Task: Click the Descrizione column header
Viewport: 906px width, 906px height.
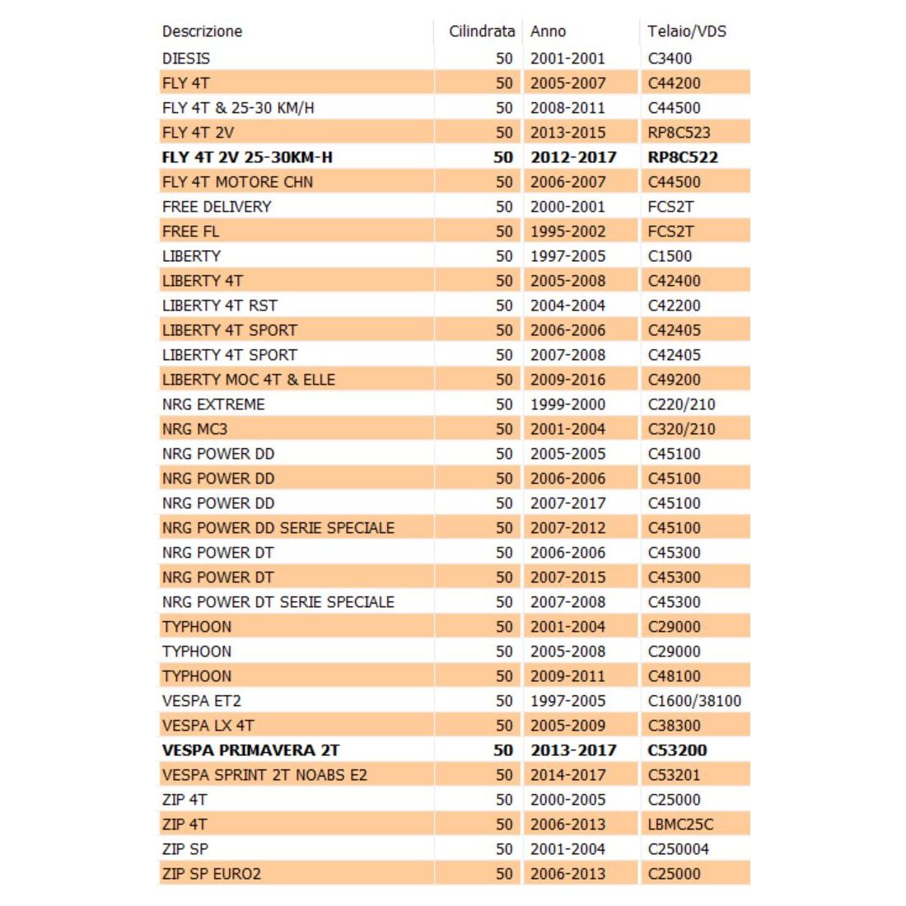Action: point(202,32)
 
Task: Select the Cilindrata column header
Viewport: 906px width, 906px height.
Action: point(481,32)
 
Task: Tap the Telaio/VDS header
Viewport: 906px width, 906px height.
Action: point(687,32)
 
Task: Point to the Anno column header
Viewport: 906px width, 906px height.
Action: point(548,32)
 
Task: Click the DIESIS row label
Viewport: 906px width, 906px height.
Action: point(186,58)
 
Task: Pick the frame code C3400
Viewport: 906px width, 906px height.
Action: point(670,58)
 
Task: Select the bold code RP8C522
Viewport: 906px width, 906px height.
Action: point(683,157)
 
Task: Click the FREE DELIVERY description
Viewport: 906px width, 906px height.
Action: point(217,207)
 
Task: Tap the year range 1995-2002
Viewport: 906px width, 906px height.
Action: point(567,231)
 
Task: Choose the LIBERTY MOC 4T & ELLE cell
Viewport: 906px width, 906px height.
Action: point(249,380)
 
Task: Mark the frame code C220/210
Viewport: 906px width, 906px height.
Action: point(681,404)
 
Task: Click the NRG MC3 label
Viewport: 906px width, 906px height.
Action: point(194,429)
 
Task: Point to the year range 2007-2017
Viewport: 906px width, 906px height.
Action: point(567,503)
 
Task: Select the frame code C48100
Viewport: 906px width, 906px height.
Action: point(674,676)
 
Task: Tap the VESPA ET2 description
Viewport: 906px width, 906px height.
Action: point(202,701)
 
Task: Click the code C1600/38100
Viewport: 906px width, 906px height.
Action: point(694,701)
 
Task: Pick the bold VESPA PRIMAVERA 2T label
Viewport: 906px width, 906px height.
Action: point(250,750)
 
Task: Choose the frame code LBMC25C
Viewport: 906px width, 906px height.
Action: point(680,824)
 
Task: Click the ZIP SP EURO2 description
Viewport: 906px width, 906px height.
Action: point(212,874)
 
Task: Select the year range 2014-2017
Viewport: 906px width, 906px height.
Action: point(567,775)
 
